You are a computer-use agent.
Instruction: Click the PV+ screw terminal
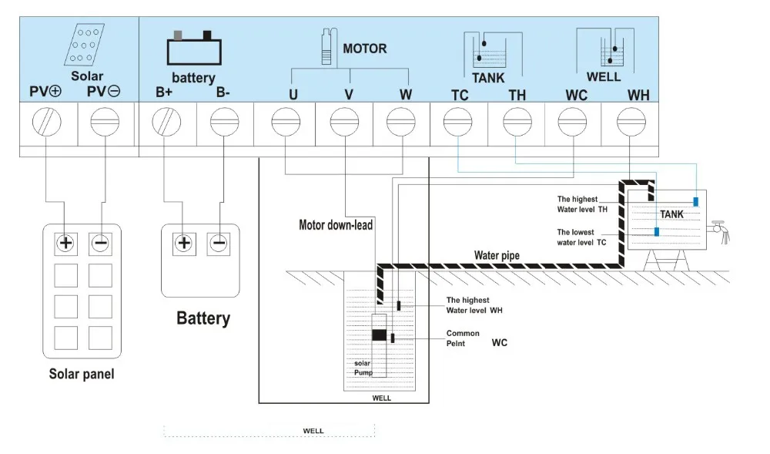47,123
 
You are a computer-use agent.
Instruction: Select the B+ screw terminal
166,123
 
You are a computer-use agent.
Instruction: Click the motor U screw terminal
285,123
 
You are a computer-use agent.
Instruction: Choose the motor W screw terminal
400,123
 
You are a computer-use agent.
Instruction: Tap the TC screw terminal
457,123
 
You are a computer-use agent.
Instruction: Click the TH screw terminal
516,123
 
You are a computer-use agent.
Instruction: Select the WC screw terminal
573,123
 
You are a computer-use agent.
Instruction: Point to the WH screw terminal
631,123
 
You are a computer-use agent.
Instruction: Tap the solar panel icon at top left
86,47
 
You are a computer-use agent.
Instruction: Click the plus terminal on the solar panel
65,244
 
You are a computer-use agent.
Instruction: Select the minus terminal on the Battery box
219,244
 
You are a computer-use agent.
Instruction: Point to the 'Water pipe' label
496,255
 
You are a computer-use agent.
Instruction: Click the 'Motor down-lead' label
336,225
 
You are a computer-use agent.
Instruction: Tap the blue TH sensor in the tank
695,201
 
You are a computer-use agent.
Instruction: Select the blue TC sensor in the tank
656,231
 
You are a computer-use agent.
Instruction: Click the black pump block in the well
379,335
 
